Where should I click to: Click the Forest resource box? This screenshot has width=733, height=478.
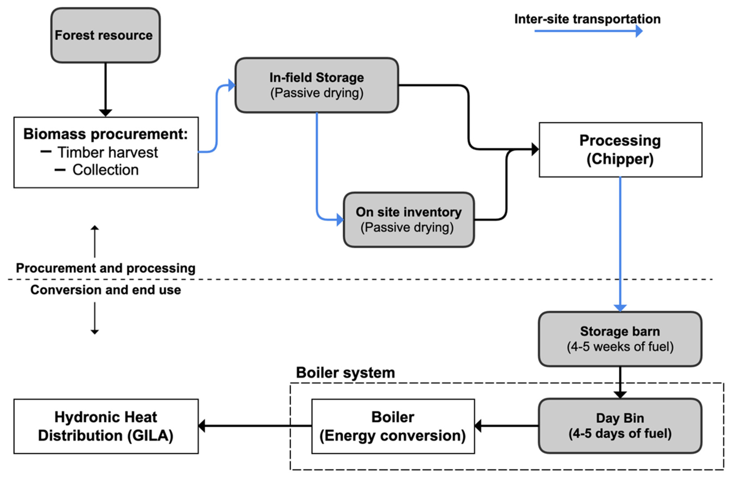click(x=105, y=35)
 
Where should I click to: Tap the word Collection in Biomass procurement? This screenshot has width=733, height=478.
click(x=105, y=170)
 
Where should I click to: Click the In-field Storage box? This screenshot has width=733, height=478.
click(x=317, y=85)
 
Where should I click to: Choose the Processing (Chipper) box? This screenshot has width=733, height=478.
click(x=620, y=150)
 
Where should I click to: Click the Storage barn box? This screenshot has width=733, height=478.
click(x=620, y=339)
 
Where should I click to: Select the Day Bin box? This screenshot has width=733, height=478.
click(x=620, y=426)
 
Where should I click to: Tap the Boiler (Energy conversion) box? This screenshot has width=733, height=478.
click(x=393, y=426)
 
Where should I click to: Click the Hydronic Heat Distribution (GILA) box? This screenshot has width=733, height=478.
click(x=106, y=426)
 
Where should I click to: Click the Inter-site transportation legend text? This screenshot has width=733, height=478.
click(x=587, y=19)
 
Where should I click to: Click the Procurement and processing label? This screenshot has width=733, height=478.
click(x=106, y=268)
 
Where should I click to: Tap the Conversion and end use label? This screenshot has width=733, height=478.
click(x=106, y=290)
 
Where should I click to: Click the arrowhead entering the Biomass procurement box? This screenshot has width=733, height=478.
click(x=105, y=113)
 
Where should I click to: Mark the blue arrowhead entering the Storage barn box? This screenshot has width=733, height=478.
click(x=620, y=308)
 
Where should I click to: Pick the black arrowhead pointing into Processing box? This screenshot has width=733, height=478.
click(x=535, y=149)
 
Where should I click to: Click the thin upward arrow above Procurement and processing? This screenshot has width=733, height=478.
click(x=95, y=240)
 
